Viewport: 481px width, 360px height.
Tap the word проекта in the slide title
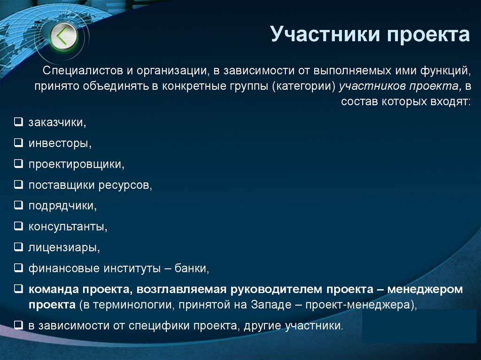click(428, 35)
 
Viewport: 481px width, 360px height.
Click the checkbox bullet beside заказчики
click(18, 123)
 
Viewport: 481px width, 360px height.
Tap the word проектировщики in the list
click(76, 164)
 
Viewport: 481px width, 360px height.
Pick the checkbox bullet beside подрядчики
click(18, 206)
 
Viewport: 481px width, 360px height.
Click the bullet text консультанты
click(68, 227)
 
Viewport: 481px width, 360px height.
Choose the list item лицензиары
click(64, 247)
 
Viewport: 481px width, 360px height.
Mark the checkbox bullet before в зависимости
click(18, 325)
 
